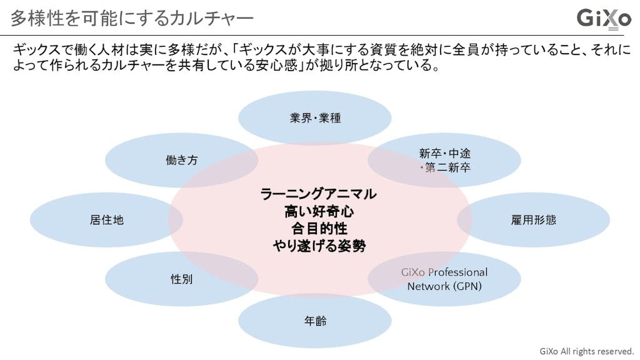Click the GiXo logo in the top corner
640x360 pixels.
coord(603,17)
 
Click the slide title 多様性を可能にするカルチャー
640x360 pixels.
coord(132,18)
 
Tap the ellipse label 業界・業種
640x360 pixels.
coord(315,117)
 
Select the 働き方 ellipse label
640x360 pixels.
coord(181,160)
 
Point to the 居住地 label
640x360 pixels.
coord(106,220)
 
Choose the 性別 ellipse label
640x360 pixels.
coord(181,279)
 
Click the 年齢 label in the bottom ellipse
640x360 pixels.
coord(315,321)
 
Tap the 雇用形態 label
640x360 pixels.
coord(533,220)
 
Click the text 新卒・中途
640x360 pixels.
coord(444,153)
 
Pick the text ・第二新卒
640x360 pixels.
coord(444,167)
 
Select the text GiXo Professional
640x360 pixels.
coord(444,272)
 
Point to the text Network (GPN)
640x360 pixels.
coord(444,286)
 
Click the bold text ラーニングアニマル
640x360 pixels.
coord(319,194)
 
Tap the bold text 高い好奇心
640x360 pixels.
coord(319,211)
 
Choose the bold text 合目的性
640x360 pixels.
coord(319,228)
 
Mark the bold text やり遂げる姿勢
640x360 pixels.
coord(319,246)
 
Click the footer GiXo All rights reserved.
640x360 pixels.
coord(586,351)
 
